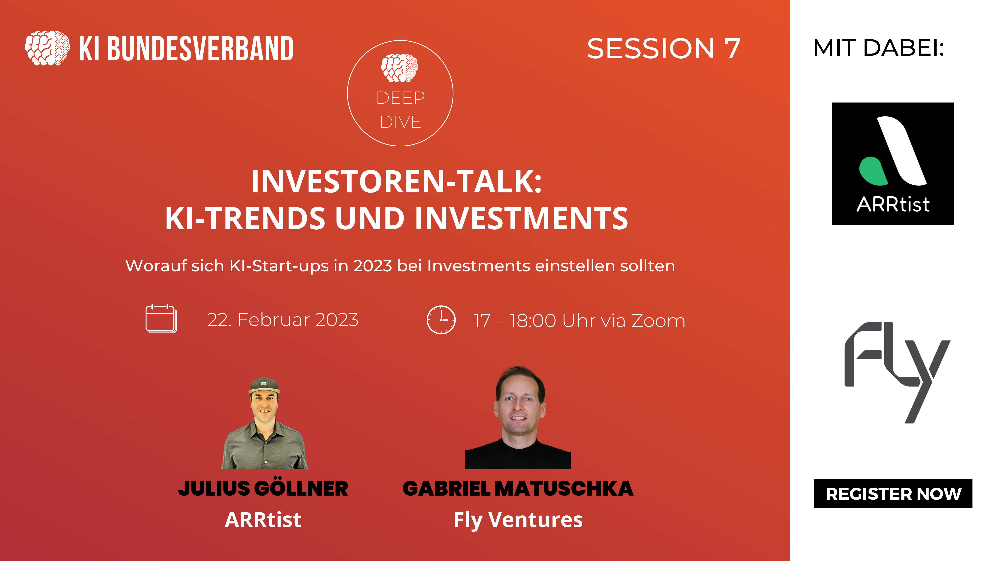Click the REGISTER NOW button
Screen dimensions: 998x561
(893, 493)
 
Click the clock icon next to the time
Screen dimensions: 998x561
(441, 320)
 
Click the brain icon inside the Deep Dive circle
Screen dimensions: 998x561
(400, 68)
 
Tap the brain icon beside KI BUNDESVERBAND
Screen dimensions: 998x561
(47, 48)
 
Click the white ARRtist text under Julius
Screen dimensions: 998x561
(263, 520)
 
